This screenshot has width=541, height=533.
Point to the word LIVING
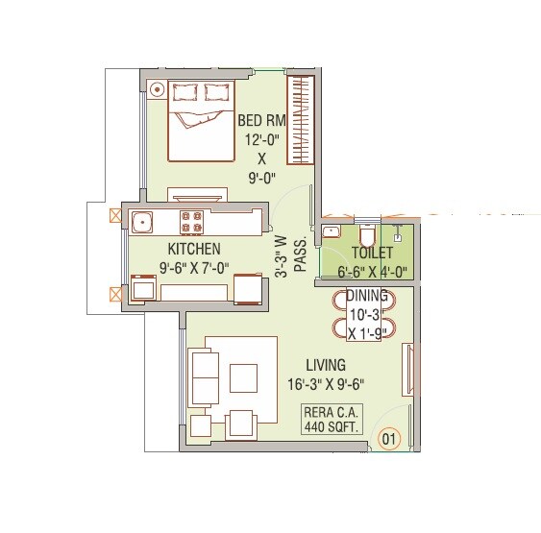click(x=326, y=366)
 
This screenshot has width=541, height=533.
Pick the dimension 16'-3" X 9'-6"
click(x=327, y=385)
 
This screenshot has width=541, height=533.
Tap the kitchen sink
click(x=143, y=223)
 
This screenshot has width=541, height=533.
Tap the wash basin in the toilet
click(x=332, y=231)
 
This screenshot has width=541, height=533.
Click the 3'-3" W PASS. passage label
click(x=289, y=254)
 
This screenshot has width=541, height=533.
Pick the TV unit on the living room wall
click(x=406, y=371)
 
